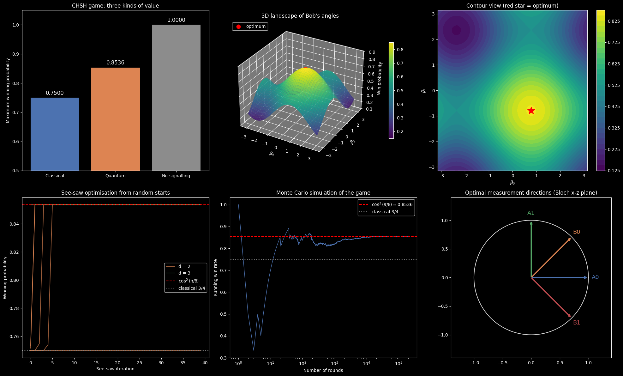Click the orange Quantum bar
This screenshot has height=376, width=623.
[x=116, y=119]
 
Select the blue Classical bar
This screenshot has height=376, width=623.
[x=55, y=134]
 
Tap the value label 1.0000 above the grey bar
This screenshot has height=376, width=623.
[x=176, y=20]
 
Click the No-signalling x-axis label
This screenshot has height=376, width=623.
[x=176, y=176]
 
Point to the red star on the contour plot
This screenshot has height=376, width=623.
[x=531, y=111]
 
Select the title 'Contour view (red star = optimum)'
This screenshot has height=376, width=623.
[x=512, y=6]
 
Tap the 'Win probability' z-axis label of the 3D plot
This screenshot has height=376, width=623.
[x=380, y=78]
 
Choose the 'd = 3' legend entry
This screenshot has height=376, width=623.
[x=184, y=273]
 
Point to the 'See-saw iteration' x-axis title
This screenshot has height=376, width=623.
[x=115, y=369]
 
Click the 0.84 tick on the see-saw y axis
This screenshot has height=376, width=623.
[x=14, y=224]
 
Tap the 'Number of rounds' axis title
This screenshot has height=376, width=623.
[x=323, y=370]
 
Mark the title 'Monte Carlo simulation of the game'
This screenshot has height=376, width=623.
[x=323, y=193]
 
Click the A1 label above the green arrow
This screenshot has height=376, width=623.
[x=531, y=213]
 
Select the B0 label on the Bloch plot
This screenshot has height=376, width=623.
[x=577, y=232]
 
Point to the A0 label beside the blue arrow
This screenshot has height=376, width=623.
[x=595, y=277]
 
